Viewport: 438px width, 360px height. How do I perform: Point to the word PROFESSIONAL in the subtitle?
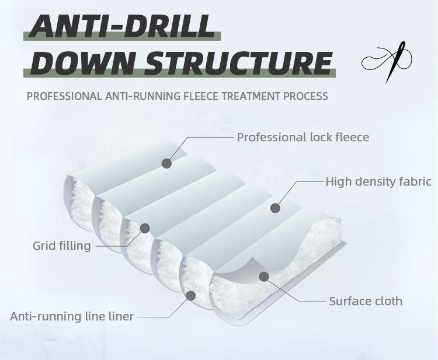[x=64, y=96]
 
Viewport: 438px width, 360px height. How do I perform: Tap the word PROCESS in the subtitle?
[x=305, y=96]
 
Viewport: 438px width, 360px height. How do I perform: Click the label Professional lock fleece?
[x=303, y=137]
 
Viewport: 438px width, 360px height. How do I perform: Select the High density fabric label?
[x=378, y=181]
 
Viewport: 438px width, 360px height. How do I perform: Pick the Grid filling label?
[x=62, y=246]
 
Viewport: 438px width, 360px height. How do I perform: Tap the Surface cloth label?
[x=366, y=301]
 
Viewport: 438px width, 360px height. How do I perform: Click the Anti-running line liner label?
[x=72, y=316]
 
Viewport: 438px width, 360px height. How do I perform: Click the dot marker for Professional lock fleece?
[x=167, y=163]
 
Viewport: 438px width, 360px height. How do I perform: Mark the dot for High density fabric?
[x=276, y=208]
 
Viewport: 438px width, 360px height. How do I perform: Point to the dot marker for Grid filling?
[x=145, y=228]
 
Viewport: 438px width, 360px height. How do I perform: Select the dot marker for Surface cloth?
[x=264, y=277]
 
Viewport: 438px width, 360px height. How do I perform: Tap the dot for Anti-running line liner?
[x=191, y=296]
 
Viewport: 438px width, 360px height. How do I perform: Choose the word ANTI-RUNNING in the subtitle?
[x=142, y=96]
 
